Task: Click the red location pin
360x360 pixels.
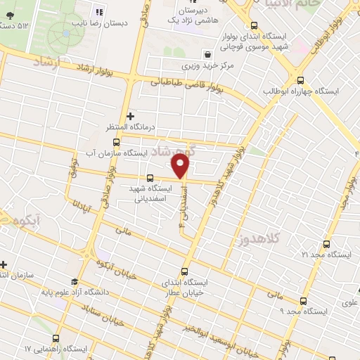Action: coord(181,166)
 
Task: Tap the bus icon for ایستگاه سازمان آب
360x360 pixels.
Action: coord(126,141)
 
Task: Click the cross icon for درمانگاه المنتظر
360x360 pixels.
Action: coord(129,115)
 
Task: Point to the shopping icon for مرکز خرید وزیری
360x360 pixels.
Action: coord(207,54)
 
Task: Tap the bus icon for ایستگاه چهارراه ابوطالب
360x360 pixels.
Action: coord(301,80)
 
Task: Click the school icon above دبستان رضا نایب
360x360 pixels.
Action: coord(98,11)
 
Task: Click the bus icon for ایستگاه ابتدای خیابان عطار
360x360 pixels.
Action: coord(185,271)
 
